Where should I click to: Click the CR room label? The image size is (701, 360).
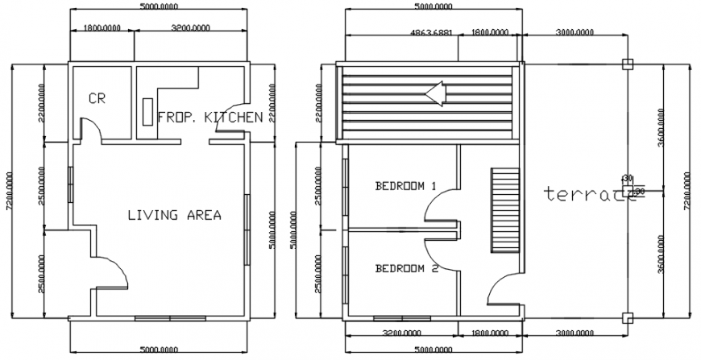coord(97,99)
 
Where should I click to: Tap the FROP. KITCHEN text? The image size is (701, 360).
coord(209,118)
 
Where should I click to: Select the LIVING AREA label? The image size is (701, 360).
coord(174,215)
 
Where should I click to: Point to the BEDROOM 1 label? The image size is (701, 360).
coord(405,186)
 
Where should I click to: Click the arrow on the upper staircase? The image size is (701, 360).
coord(436,94)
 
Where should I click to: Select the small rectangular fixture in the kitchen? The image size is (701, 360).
coord(147,112)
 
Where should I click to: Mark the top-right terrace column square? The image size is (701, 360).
coord(627,64)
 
